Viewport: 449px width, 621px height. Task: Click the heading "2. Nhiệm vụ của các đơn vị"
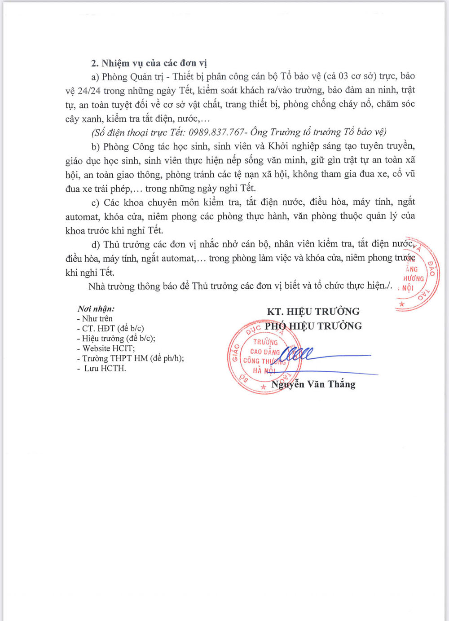(149, 63)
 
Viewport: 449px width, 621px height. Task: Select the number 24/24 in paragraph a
(89, 91)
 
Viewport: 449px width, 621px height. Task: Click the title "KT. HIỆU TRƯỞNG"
(313, 312)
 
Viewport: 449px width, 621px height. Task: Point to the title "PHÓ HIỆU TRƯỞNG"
(313, 326)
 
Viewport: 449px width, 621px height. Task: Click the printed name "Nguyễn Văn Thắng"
(313, 384)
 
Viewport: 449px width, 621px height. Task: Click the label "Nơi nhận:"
(96, 308)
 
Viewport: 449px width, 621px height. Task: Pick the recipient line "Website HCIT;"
(108, 348)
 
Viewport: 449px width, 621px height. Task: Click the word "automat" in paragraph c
(82, 217)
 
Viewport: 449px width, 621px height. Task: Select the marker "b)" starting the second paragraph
(96, 146)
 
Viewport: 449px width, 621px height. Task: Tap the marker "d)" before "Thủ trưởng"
(96, 245)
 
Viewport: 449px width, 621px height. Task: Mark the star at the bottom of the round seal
(264, 386)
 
